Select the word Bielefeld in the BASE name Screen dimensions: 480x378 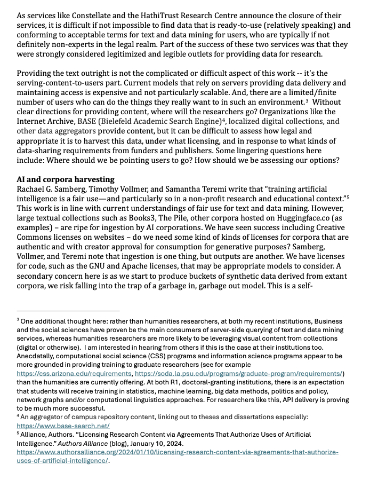(x=124, y=121)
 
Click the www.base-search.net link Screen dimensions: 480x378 (x=63, y=426)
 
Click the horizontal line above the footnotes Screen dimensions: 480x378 (x=68, y=311)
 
